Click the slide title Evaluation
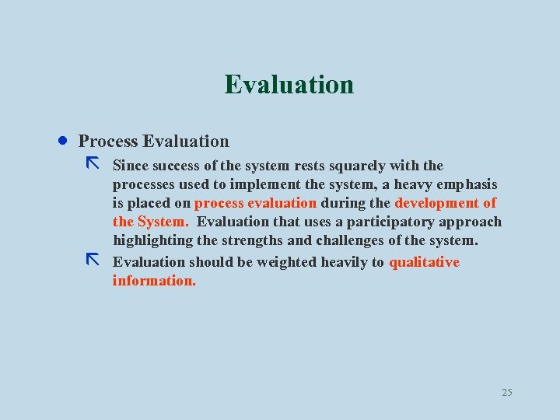(x=289, y=84)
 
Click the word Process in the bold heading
(x=108, y=142)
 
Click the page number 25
(x=507, y=392)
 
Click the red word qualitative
(x=424, y=262)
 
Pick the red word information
(x=154, y=281)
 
